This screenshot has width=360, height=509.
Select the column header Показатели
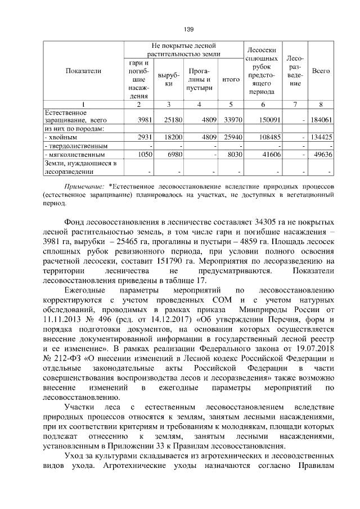83,71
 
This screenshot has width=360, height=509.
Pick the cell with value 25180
169,119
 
